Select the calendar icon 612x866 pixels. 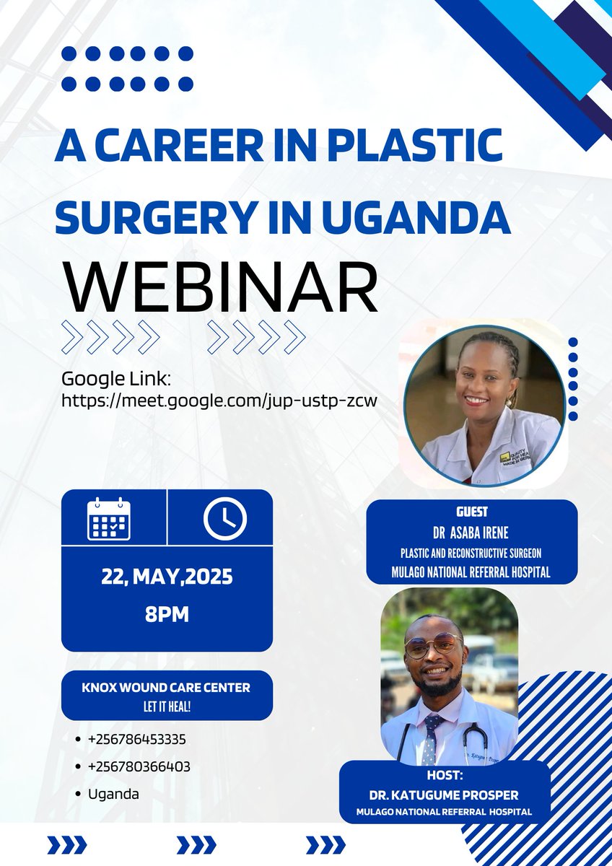[x=108, y=518]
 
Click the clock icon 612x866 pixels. [x=224, y=518]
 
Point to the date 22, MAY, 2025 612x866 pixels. [x=167, y=577]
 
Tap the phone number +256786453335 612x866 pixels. [x=139, y=740]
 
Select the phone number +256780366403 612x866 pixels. [x=139, y=766]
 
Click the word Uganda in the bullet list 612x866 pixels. [x=114, y=794]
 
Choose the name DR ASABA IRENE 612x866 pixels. [x=471, y=533]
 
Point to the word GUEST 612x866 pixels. [x=472, y=512]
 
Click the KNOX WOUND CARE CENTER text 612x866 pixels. [x=166, y=688]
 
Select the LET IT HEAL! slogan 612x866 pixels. [x=166, y=704]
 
